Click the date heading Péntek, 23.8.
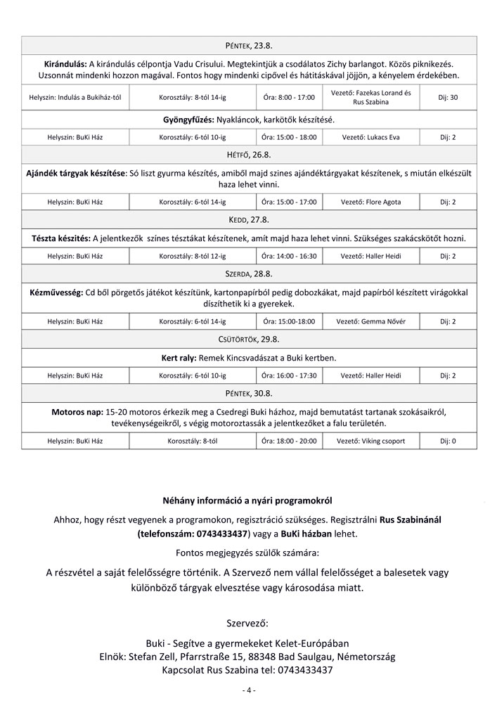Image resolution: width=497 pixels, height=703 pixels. [249, 45]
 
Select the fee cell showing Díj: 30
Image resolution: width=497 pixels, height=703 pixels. [448, 97]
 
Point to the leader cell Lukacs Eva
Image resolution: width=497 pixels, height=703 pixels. [370, 136]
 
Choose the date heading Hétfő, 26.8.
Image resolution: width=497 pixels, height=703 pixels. [249, 153]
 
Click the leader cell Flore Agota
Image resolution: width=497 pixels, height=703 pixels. [370, 202]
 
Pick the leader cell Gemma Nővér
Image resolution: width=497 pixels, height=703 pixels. [370, 321]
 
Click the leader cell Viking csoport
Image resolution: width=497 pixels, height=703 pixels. [370, 441]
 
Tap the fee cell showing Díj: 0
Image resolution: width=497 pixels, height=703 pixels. [448, 441]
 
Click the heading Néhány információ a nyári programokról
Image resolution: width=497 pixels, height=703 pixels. [248, 501]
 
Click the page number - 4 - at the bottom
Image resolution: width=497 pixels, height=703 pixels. [248, 690]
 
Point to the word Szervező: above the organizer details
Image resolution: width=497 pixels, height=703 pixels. [248, 622]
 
